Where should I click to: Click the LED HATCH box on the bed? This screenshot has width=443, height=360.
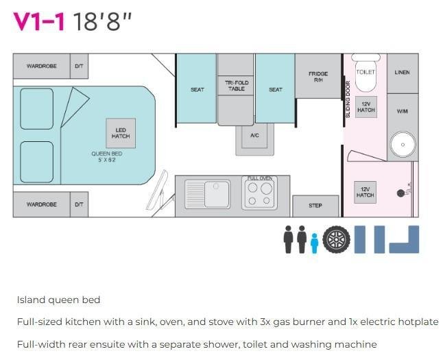point(121,133)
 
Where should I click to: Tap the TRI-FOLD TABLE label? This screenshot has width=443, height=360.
point(237,86)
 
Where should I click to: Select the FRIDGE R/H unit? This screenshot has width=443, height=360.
point(318,76)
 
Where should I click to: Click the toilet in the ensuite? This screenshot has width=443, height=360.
point(366,73)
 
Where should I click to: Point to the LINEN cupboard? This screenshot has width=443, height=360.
point(403,73)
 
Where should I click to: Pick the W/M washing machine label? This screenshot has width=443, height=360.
point(402,111)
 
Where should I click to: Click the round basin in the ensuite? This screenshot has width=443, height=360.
point(403,145)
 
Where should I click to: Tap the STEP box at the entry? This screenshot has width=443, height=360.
point(315,206)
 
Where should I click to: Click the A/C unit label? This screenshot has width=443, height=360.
point(254,135)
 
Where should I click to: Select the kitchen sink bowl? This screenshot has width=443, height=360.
point(217,195)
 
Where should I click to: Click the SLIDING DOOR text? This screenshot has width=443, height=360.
point(348,99)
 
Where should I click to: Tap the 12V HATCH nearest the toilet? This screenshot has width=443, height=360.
point(366,107)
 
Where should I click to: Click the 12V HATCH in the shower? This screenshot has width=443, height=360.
point(365,192)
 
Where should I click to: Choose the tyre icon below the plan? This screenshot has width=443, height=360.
point(336,239)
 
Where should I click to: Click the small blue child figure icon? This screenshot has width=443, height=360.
point(314,243)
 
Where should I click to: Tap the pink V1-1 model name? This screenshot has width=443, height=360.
point(39,21)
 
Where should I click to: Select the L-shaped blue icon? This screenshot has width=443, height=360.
point(404,239)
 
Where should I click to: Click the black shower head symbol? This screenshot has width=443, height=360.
point(400,193)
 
